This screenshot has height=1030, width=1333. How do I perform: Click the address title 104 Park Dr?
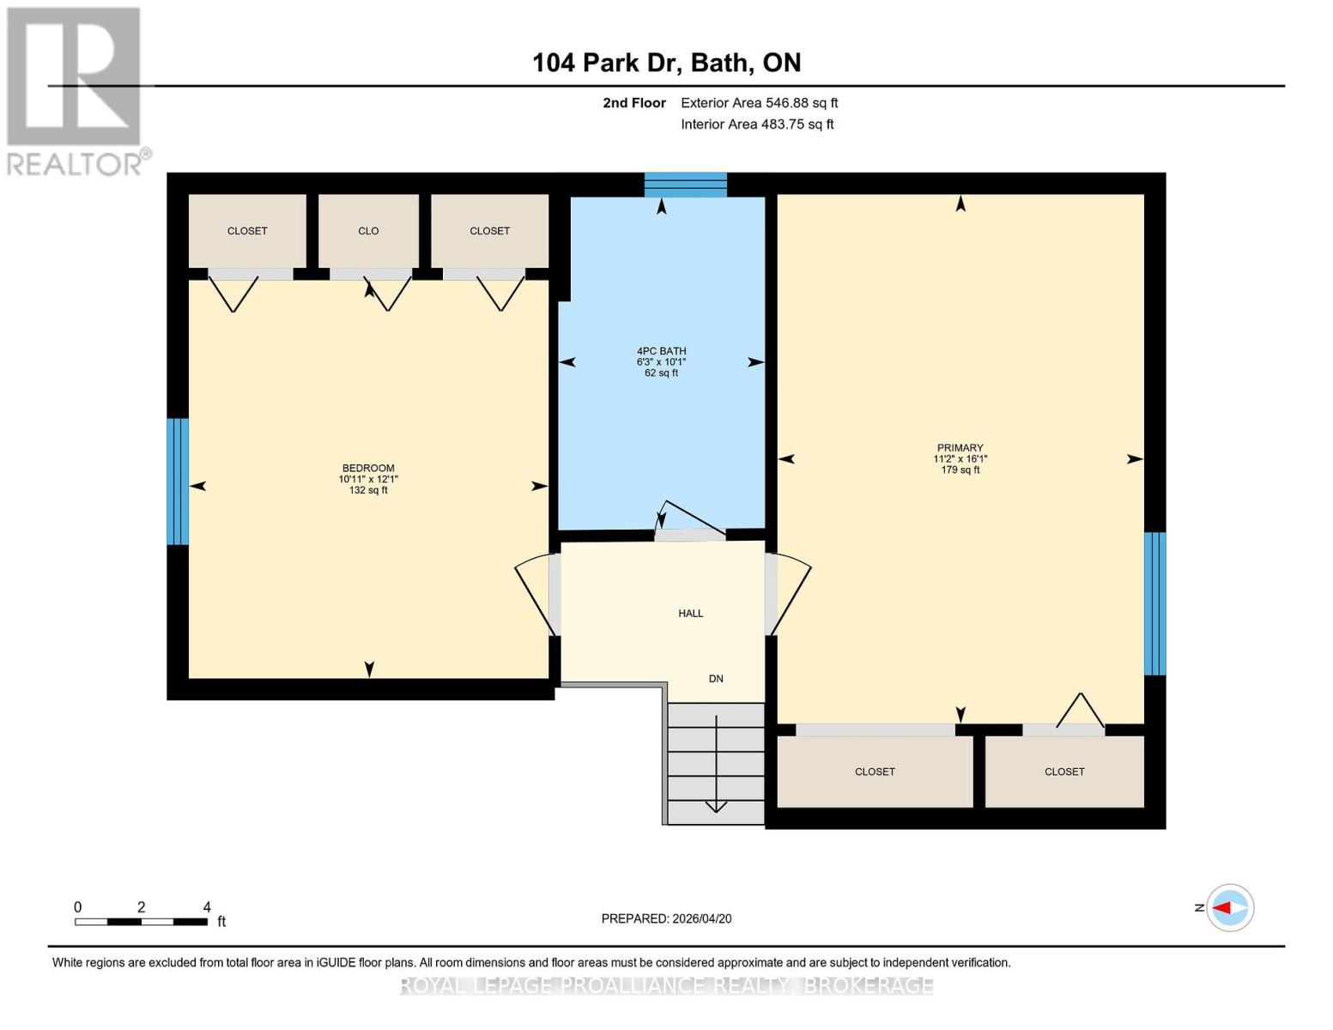pos(666,63)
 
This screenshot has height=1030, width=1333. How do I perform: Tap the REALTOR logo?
pos(75,90)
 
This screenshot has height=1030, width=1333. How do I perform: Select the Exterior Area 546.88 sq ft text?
pos(759,103)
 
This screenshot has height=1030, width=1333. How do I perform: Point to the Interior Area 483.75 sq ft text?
pos(757,124)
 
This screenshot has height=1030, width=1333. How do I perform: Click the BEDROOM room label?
pos(368,469)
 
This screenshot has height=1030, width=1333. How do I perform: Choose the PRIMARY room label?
pos(960,448)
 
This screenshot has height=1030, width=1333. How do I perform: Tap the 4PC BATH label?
pos(661,351)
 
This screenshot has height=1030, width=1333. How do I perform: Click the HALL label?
pos(690,614)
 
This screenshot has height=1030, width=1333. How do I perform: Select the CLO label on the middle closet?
pos(368,231)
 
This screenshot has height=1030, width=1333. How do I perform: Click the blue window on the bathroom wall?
pos(685,185)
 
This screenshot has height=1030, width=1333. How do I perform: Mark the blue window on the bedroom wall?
pos(177,482)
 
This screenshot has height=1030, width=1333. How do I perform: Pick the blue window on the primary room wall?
pos(1154,603)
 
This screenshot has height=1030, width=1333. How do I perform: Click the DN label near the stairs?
pos(716,679)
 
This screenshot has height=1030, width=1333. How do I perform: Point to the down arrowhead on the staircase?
pos(716,805)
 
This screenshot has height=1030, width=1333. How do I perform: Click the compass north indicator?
pos(1229,907)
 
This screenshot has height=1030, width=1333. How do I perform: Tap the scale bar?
pos(141,922)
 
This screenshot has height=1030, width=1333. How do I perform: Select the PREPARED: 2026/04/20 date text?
pos(666,918)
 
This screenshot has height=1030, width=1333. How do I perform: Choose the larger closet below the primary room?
pos(875,772)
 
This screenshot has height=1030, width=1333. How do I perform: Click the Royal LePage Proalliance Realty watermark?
pos(666,985)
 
